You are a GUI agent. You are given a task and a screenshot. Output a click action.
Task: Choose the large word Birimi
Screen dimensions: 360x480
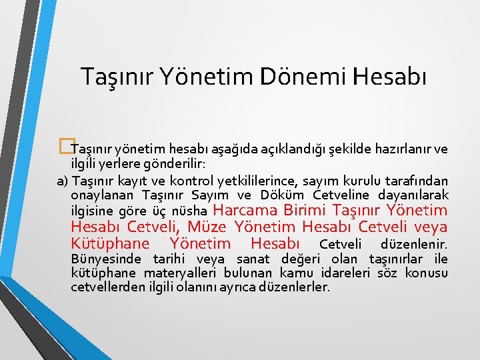[x=312, y=210]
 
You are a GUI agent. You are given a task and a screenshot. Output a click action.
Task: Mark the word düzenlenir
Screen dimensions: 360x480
[x=413, y=244]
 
